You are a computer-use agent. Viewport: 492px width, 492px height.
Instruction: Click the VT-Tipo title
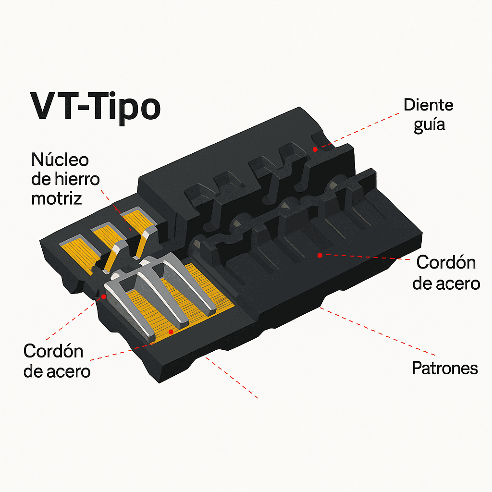coord(96,107)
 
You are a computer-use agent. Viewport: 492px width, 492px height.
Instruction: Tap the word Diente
coord(428,105)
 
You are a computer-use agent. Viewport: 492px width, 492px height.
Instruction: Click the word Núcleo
coord(60,160)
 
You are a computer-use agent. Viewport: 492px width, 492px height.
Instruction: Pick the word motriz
coord(57,198)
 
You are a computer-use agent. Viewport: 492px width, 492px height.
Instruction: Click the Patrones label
coord(444,368)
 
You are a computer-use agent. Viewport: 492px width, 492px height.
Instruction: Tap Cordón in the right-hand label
coord(446,262)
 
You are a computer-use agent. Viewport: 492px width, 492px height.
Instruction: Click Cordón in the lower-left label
coord(53,351)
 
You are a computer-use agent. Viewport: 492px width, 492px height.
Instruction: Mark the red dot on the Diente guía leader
coord(315,149)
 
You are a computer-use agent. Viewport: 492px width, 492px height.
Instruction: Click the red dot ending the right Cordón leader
coord(320,256)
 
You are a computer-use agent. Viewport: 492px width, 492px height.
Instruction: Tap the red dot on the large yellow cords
coord(171,332)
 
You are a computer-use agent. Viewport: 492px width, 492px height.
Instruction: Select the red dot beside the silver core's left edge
coord(104,296)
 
